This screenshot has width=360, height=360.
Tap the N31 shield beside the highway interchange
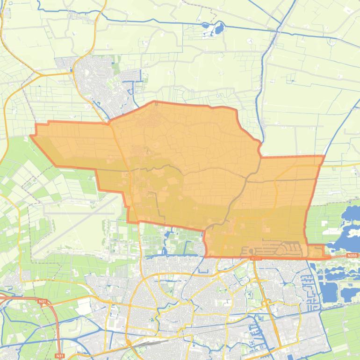(43, 302)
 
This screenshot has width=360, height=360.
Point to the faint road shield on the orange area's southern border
(255, 257)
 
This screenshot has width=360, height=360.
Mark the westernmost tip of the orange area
(31, 136)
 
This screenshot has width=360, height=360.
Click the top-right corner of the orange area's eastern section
(324, 157)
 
